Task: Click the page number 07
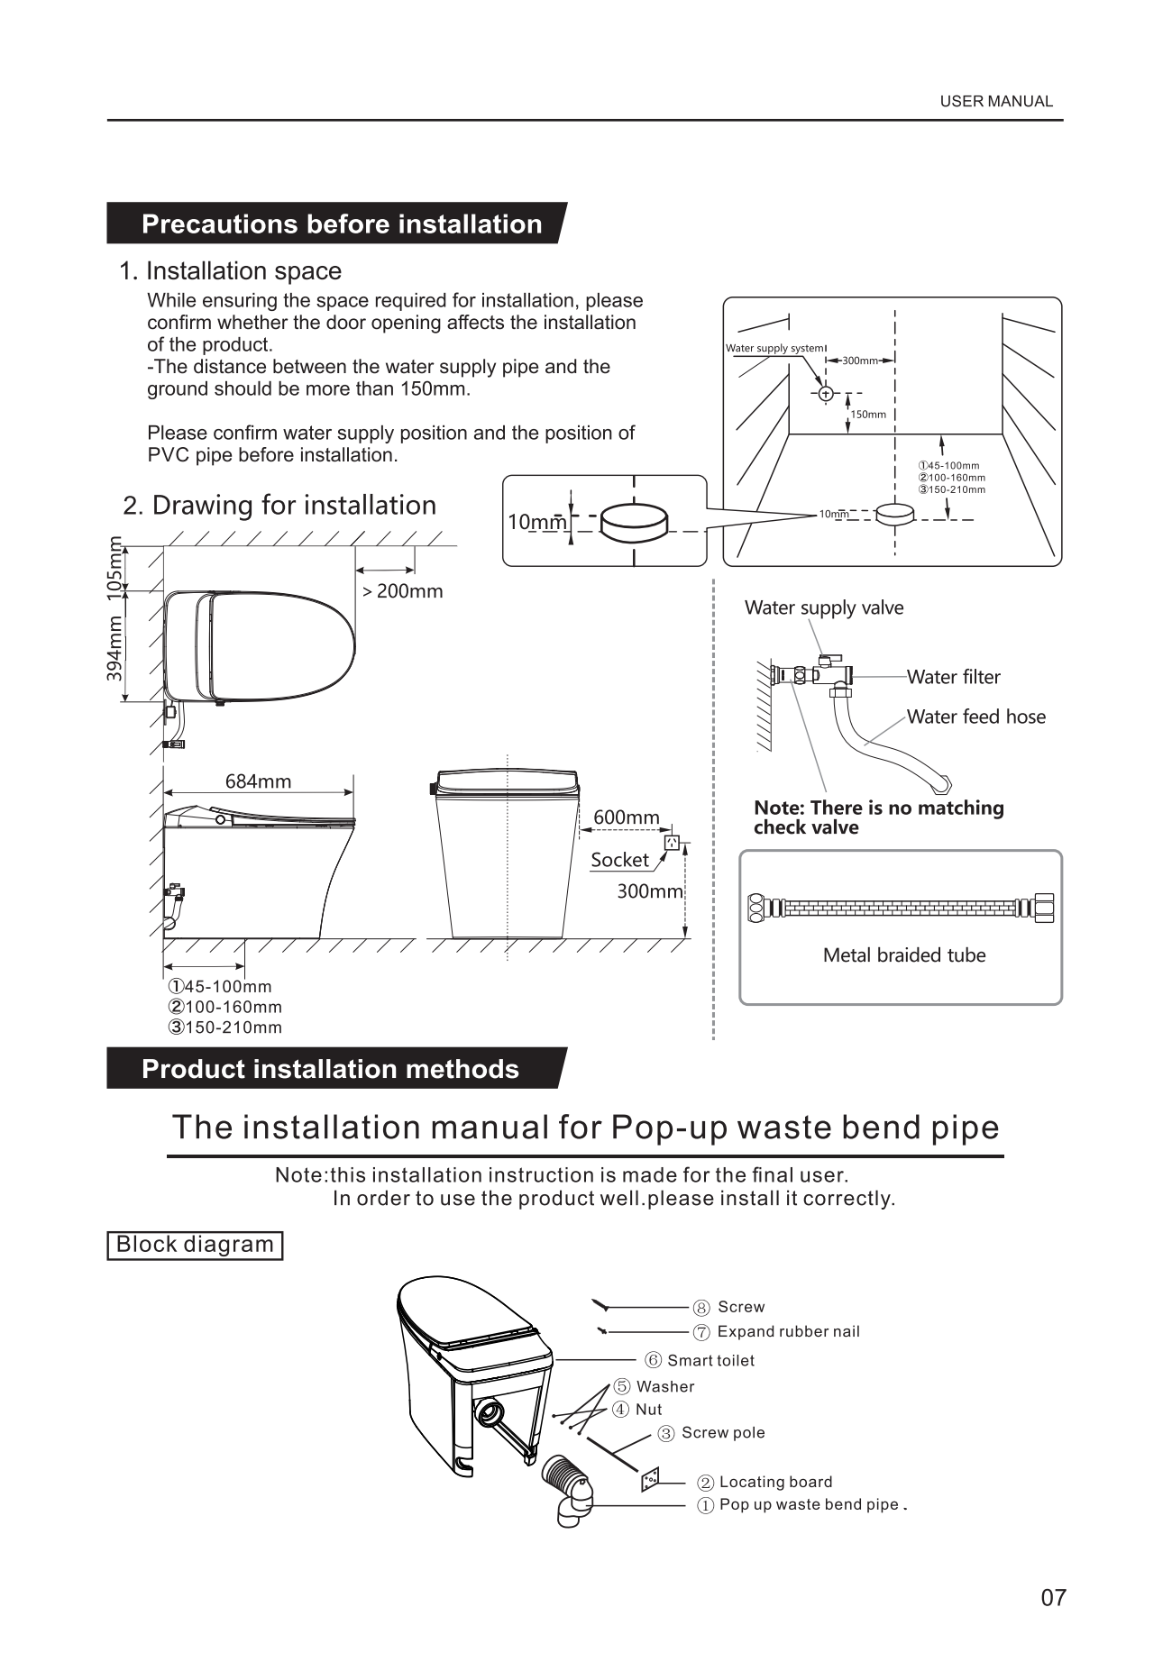point(1053,1598)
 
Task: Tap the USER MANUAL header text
point(995,102)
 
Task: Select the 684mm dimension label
point(258,781)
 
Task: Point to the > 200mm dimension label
point(402,592)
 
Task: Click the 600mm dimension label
point(626,817)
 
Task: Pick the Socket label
point(619,860)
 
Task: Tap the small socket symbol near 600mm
point(671,842)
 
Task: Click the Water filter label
point(953,677)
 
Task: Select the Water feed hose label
point(975,717)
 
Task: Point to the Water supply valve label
point(823,607)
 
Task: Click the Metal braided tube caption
point(903,955)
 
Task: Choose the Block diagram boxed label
point(195,1245)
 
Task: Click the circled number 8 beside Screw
point(701,1308)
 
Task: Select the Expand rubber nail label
point(788,1331)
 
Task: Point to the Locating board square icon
point(649,1480)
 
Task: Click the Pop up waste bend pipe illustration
point(566,1486)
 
